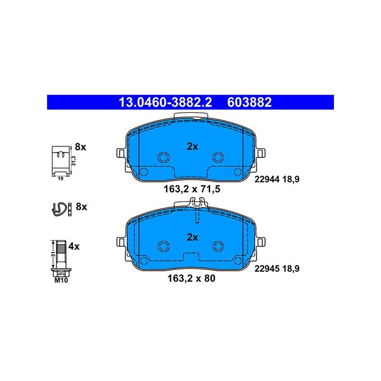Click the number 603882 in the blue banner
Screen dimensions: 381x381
tap(250, 103)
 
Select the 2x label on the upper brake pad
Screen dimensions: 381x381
tap(192, 146)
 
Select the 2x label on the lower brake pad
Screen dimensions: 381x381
tap(192, 238)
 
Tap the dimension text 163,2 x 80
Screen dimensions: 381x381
tap(191, 278)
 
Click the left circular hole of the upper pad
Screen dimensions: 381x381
tap(163, 156)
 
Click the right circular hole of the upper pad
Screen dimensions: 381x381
tap(218, 156)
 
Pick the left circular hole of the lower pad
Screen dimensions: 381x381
tap(163, 246)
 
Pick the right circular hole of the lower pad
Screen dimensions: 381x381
tap(218, 246)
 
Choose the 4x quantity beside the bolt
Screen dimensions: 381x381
tap(74, 246)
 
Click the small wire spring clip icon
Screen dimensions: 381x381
tap(59, 208)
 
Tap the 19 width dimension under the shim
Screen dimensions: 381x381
tap(59, 178)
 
